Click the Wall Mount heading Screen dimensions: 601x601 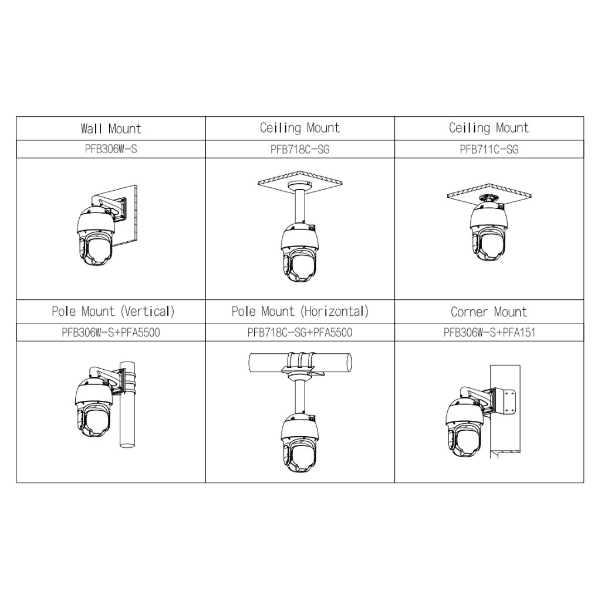111,129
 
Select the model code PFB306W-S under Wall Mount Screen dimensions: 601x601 111,149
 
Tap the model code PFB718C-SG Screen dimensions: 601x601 300,149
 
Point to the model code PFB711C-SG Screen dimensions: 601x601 489,149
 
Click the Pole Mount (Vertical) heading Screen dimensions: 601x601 113,311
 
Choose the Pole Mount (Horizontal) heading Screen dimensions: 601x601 300,311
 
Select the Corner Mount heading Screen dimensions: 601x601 489,312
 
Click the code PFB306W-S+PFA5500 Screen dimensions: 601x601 111,332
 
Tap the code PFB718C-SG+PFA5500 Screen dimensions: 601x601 300,332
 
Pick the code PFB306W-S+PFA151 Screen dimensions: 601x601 489,332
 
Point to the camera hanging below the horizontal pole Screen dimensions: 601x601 300,443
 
